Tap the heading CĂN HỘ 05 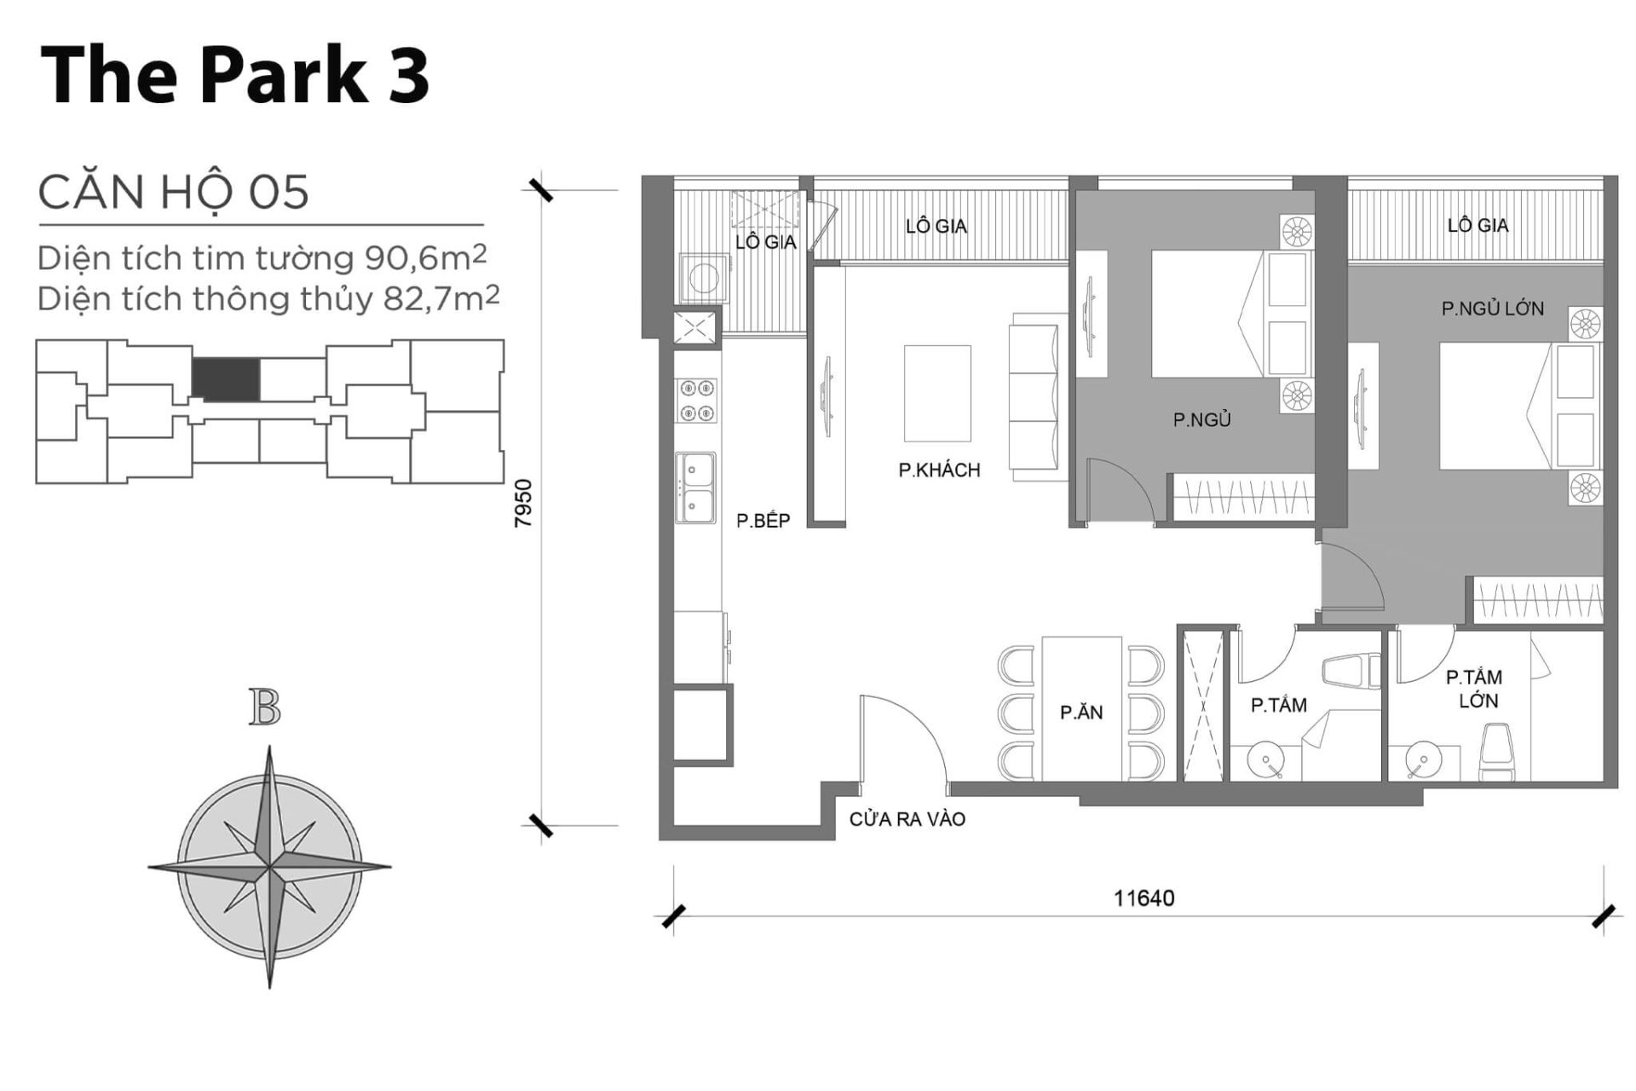click(173, 192)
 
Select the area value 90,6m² click(426, 257)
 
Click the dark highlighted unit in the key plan click(225, 379)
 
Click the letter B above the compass click(265, 707)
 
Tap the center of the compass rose click(269, 868)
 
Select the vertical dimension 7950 click(523, 503)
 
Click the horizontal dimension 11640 click(1143, 898)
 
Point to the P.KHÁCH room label click(939, 470)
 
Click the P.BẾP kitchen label click(763, 520)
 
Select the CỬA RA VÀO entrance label click(907, 819)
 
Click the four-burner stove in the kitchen click(696, 401)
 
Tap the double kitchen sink click(695, 488)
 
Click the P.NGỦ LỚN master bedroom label click(1492, 309)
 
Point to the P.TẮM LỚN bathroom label click(1474, 689)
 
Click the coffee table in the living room click(937, 393)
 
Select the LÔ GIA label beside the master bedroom click(1478, 225)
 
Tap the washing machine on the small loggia click(704, 277)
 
